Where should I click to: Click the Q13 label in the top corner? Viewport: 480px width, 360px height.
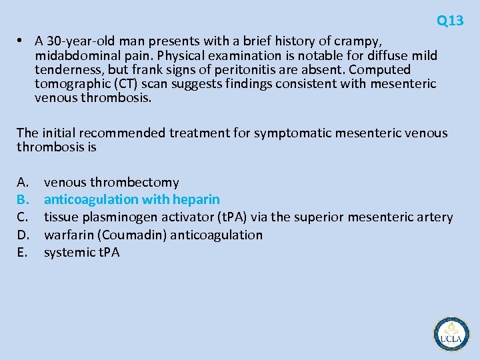coord(450,21)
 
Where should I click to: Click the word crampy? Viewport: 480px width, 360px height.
coord(359,40)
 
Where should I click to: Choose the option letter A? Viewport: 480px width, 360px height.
coord(23,182)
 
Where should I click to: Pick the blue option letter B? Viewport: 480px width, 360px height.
coord(23,199)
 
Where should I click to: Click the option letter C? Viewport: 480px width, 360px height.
coord(23,217)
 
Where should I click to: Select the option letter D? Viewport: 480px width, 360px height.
coord(23,235)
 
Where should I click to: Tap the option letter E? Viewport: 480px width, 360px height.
coord(22,252)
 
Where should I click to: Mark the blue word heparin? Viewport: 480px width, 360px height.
coord(196,199)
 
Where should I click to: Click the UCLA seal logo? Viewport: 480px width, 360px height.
coord(451,333)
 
